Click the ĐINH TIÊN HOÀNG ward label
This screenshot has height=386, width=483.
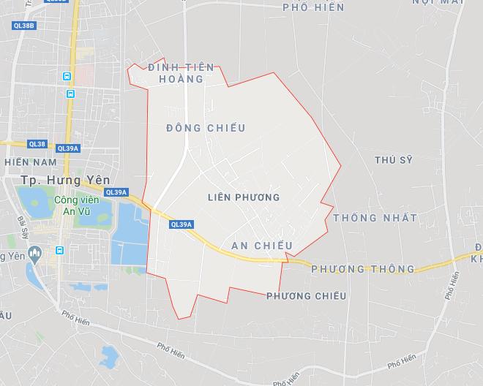(x=181, y=73)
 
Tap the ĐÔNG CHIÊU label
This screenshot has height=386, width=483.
(x=206, y=128)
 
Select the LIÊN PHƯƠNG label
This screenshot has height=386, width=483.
(x=244, y=197)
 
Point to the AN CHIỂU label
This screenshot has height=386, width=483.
(x=262, y=246)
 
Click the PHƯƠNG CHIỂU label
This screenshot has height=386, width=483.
(x=306, y=295)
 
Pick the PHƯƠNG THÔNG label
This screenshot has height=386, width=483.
(x=362, y=269)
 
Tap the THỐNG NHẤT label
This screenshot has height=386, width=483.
(x=375, y=218)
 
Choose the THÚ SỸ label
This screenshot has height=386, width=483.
(x=393, y=160)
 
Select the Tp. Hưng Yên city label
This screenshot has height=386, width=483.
(x=56, y=180)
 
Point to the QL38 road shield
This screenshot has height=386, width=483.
(x=37, y=144)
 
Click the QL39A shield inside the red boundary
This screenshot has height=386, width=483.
(x=181, y=224)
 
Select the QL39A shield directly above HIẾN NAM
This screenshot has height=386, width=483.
(x=67, y=148)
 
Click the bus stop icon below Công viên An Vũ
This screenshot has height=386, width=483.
(x=59, y=250)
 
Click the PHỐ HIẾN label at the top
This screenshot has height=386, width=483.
(x=307, y=7)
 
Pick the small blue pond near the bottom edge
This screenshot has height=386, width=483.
(x=109, y=356)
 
